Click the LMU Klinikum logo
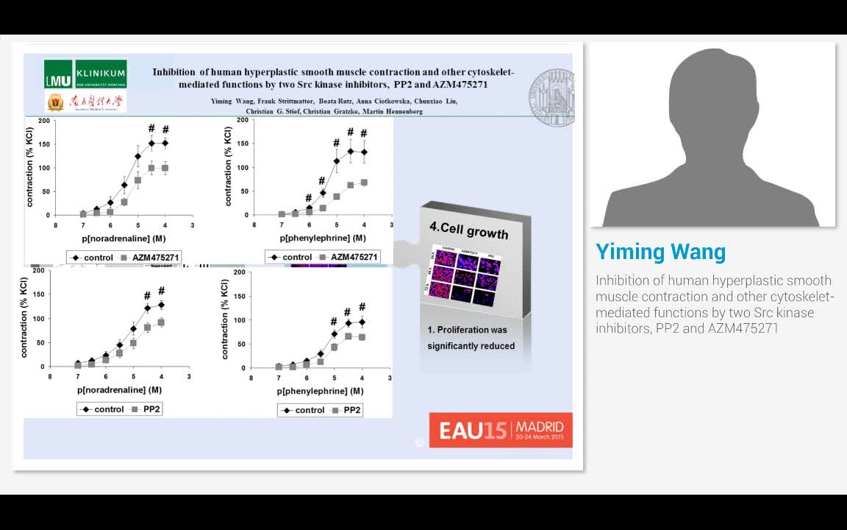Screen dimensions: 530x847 (85, 74)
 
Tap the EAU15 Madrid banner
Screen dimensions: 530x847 (501, 430)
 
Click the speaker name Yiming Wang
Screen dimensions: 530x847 (660, 252)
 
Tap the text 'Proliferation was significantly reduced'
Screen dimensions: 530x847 (471, 337)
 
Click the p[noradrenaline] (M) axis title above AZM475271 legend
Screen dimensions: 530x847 (121, 239)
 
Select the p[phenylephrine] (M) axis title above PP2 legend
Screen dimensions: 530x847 (321, 391)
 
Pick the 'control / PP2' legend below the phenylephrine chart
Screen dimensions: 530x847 (319, 410)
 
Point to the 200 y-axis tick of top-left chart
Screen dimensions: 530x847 (44, 121)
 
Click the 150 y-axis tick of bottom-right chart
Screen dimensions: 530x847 (237, 297)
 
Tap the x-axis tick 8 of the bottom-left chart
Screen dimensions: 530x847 (50, 377)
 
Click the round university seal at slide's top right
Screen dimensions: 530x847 (553, 97)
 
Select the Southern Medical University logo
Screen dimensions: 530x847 (85, 102)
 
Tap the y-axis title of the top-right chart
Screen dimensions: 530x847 (228, 168)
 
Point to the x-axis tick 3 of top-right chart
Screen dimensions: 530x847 (391, 225)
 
